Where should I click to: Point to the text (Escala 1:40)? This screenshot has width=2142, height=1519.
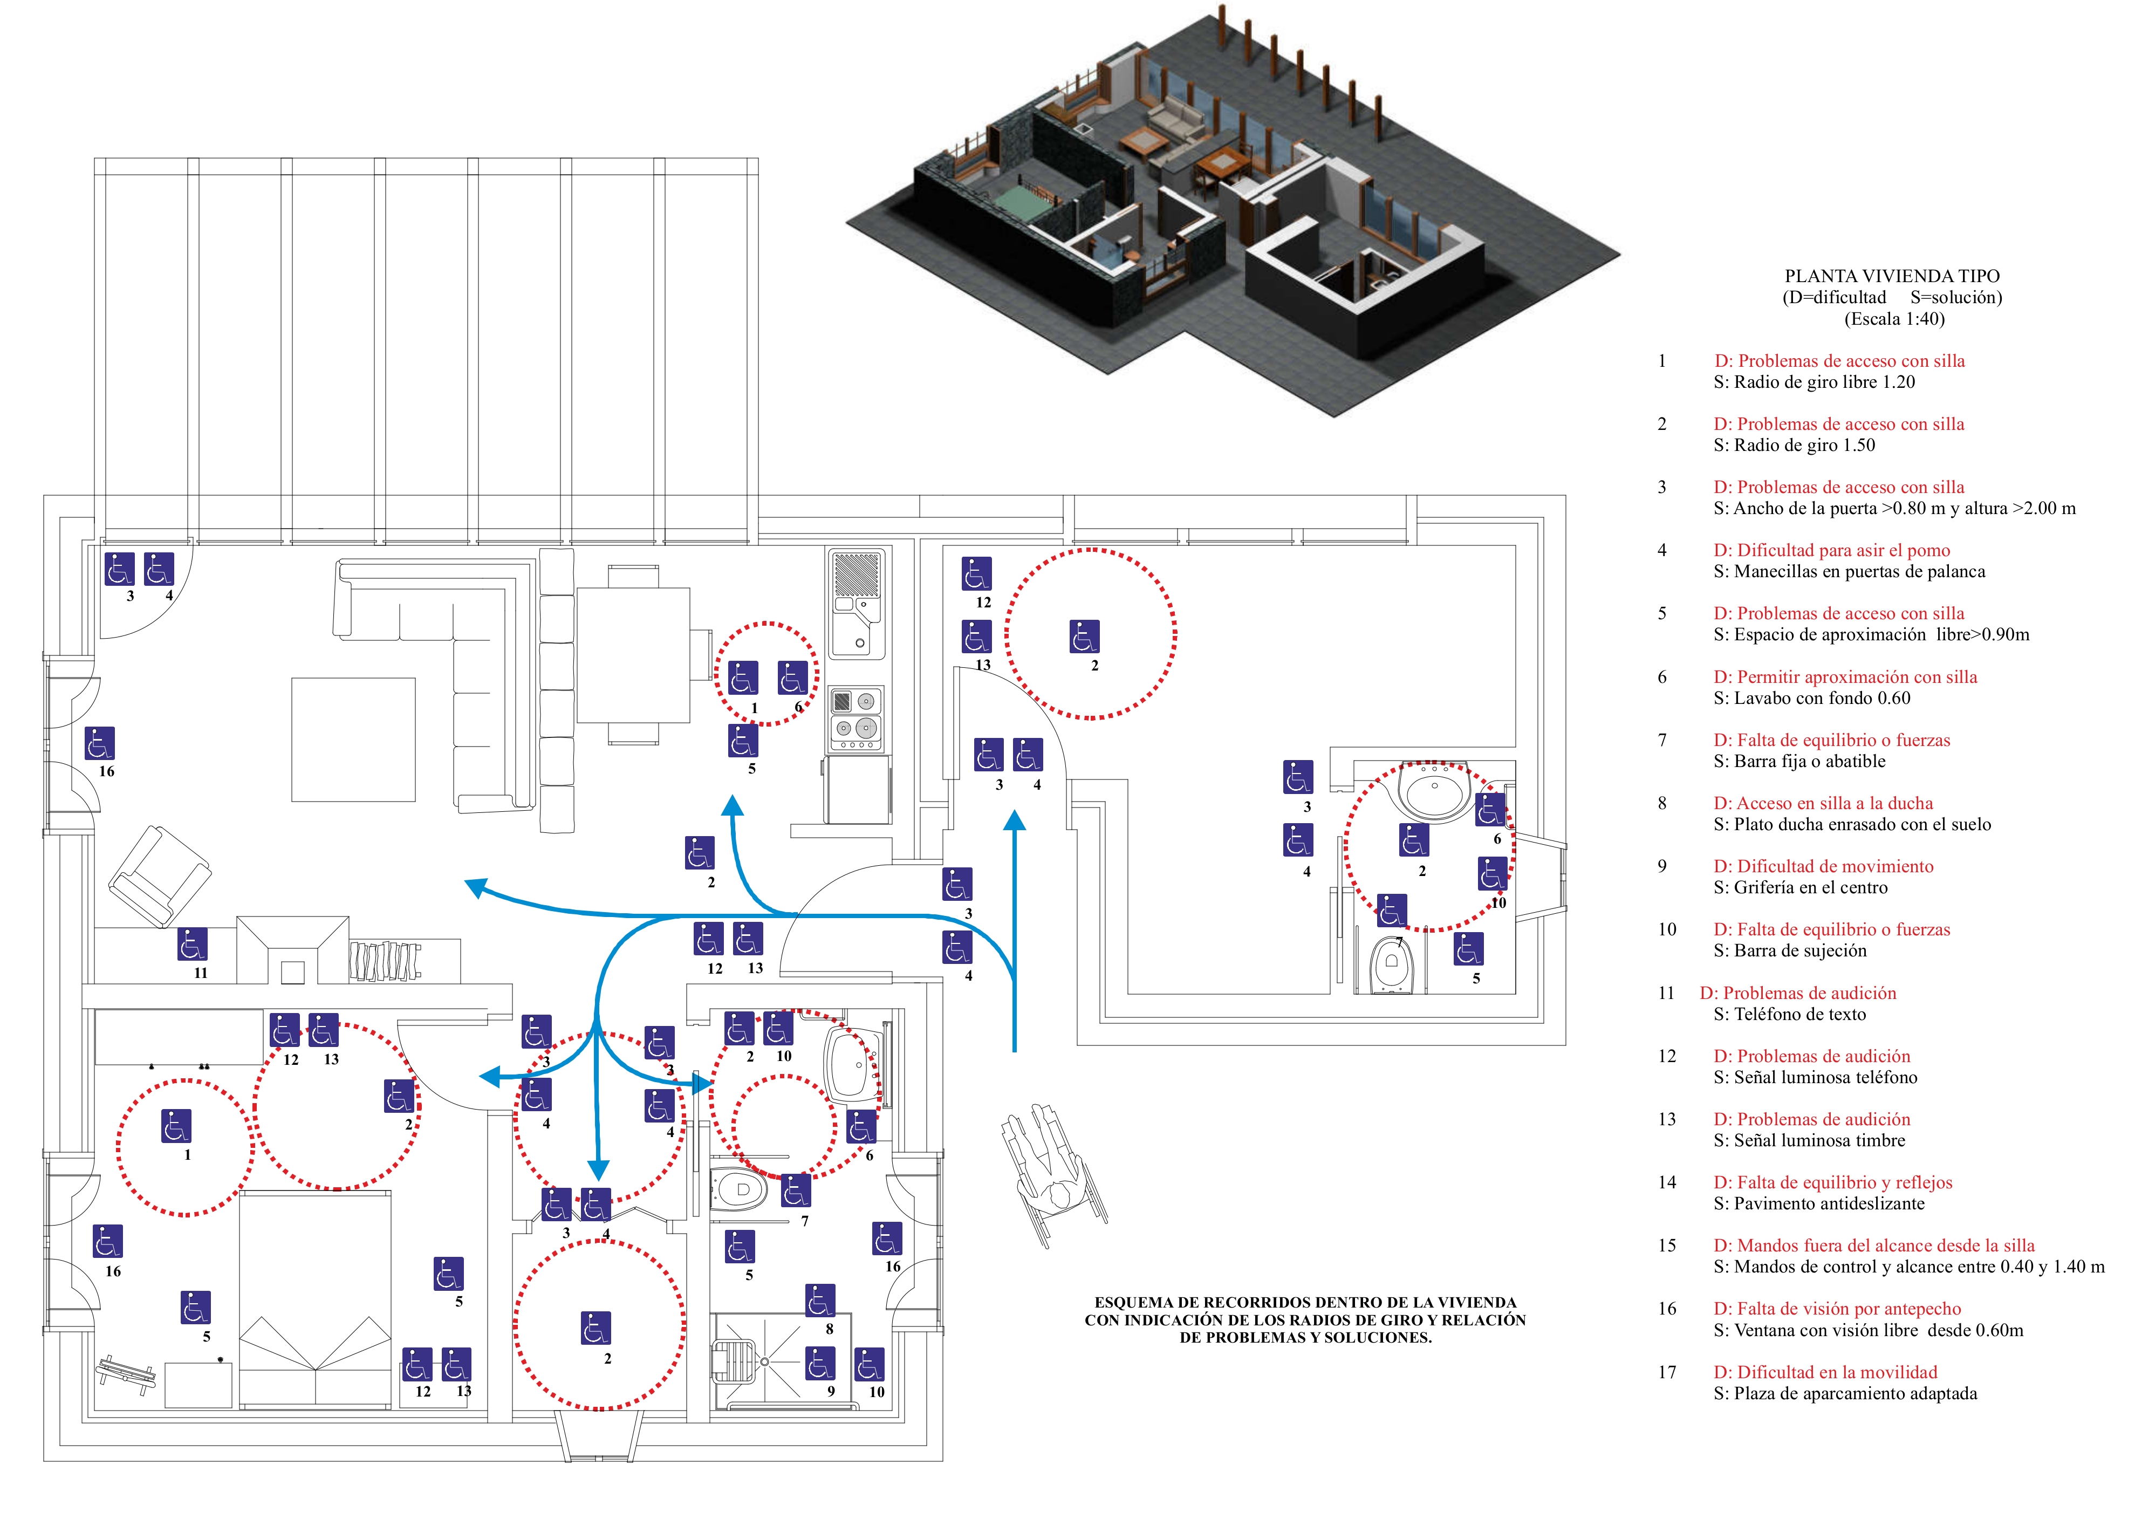(1894, 319)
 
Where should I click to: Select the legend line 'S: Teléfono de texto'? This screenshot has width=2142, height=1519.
(1789, 1014)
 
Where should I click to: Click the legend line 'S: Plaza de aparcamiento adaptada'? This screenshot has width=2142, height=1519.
(1845, 1394)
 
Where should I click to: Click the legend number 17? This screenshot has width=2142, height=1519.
(1667, 1372)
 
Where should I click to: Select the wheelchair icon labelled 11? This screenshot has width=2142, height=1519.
(193, 945)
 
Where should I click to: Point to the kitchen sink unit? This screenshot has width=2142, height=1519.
(856, 603)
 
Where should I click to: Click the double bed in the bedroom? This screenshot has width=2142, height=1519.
(315, 1299)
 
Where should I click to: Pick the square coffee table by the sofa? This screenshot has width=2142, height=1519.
(353, 740)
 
